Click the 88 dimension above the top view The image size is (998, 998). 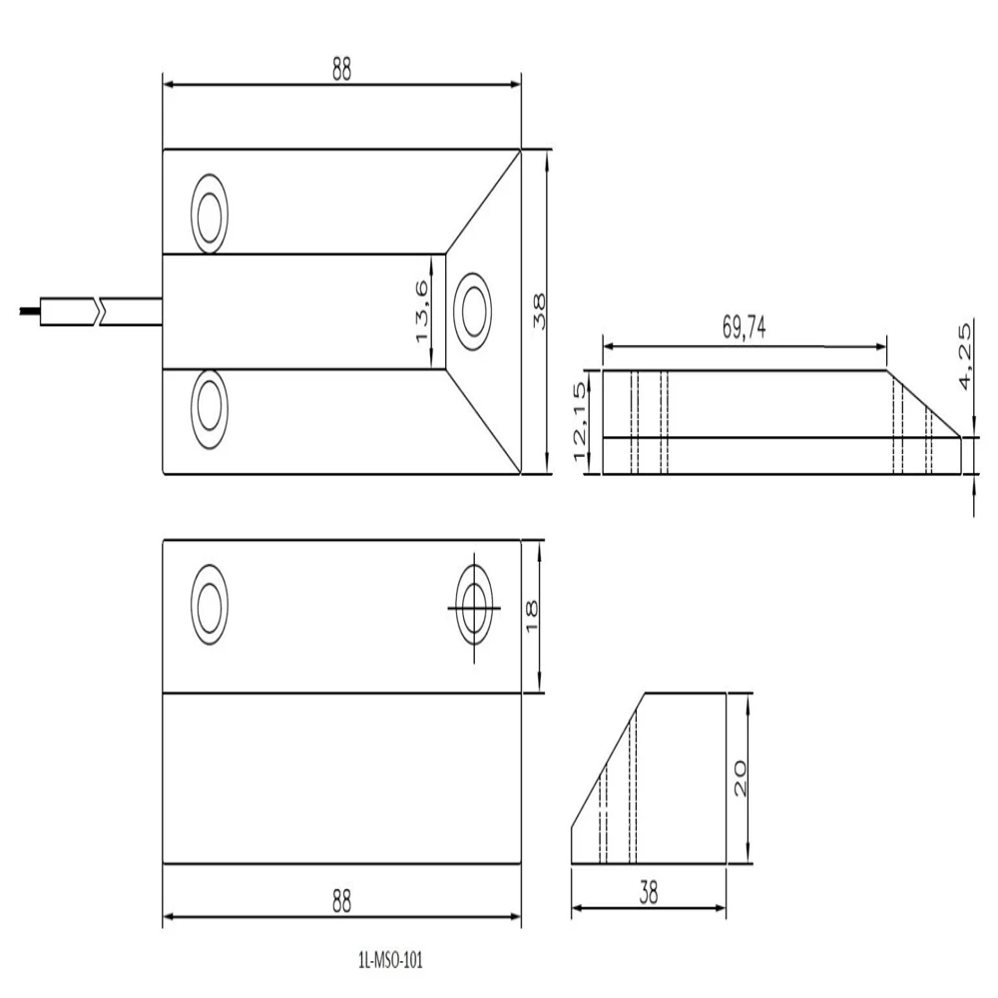coord(341,70)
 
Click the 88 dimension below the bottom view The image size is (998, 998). coord(341,900)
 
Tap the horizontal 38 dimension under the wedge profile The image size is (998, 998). coord(649,894)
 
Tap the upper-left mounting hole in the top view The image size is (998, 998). coord(211,215)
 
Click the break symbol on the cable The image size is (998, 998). coord(98,311)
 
